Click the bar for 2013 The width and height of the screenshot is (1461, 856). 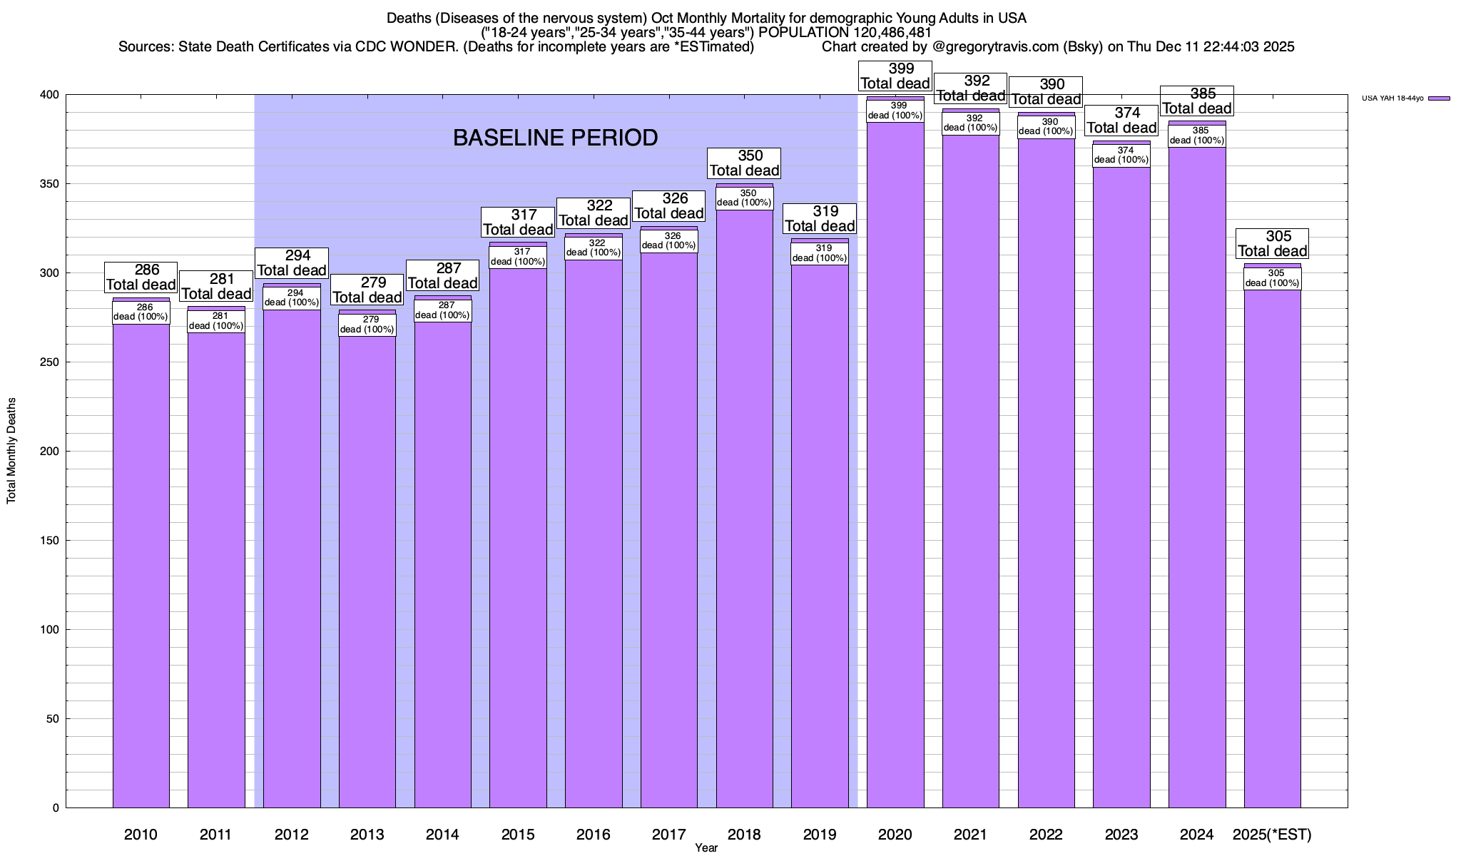click(x=367, y=571)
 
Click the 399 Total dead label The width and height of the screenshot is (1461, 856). click(x=895, y=76)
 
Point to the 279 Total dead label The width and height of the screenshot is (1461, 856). click(x=367, y=290)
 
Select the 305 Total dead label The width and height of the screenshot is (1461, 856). click(x=1273, y=244)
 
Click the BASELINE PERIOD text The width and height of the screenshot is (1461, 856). click(x=555, y=138)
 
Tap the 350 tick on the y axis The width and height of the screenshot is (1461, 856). click(x=50, y=184)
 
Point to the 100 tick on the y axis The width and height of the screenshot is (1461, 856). click(x=50, y=630)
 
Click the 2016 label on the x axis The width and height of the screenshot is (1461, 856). click(x=594, y=835)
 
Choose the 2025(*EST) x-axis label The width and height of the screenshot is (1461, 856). click(x=1273, y=835)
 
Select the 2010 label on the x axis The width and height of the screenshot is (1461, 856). click(x=141, y=835)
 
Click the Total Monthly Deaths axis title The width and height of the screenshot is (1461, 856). click(x=11, y=451)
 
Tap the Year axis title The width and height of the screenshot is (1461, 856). click(x=706, y=848)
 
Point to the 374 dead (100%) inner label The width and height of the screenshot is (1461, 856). click(x=1121, y=155)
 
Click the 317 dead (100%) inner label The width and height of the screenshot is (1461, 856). click(x=518, y=257)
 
